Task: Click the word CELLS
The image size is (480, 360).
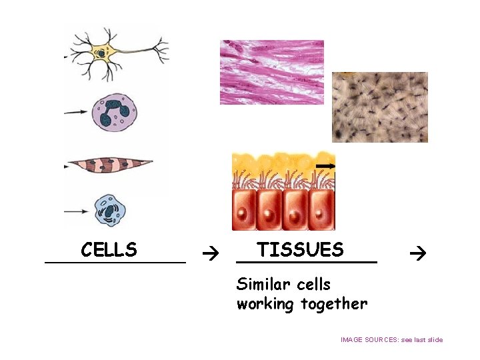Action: (109, 250)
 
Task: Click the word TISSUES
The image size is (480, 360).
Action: (300, 250)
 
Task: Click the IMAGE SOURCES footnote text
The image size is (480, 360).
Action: (391, 340)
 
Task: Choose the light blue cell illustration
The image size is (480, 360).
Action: (110, 211)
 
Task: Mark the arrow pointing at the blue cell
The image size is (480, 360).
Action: (77, 211)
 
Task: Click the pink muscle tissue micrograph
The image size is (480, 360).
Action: (271, 72)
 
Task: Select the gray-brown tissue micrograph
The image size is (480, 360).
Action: (380, 107)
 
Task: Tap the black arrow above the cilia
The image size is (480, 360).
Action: (325, 165)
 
